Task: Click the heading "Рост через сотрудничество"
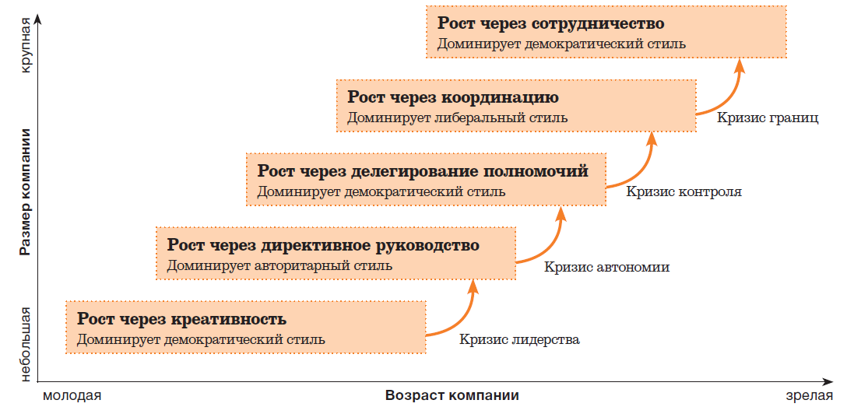551,25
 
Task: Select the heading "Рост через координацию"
453,98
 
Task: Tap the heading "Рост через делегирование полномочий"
423,171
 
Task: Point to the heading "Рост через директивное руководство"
324,245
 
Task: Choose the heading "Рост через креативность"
182,319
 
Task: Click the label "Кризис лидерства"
519,341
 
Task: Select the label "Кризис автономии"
606,268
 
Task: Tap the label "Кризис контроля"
684,192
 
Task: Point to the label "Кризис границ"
768,118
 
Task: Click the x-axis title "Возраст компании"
452,395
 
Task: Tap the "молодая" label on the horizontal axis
72,396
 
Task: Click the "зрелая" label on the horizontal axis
810,396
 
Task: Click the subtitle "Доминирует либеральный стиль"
458,118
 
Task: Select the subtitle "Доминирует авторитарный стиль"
279,266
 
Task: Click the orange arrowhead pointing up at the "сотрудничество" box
739,66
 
